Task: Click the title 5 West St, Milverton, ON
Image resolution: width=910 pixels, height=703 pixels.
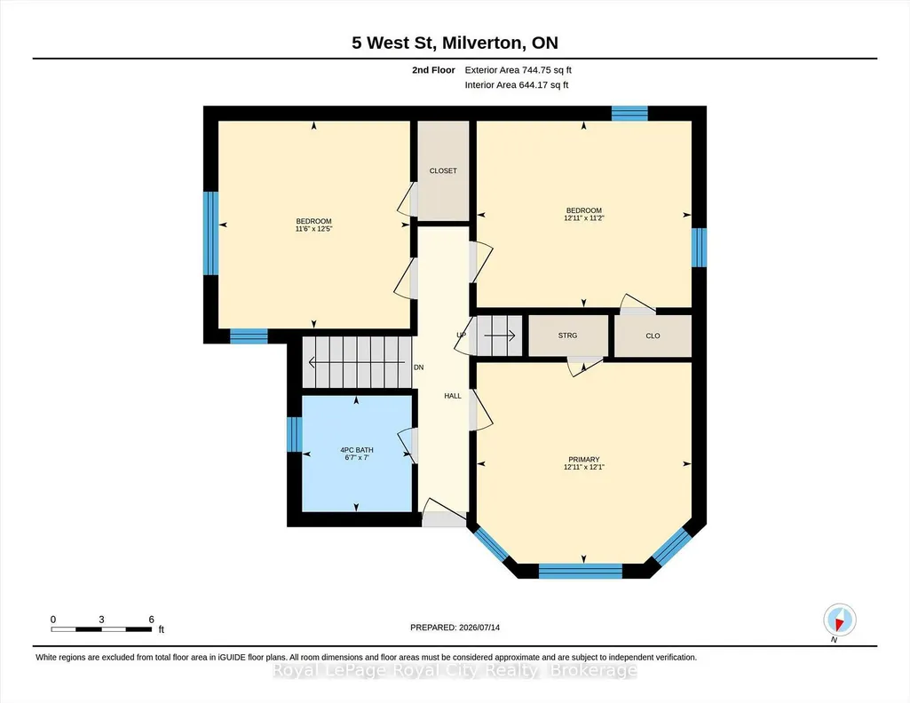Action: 455,43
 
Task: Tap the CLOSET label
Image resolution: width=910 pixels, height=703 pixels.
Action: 443,170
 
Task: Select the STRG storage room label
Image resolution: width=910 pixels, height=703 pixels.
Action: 567,336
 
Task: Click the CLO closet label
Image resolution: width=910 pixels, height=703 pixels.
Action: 653,336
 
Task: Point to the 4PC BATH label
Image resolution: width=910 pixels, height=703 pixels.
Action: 356,450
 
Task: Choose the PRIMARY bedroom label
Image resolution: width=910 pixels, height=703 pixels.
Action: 584,460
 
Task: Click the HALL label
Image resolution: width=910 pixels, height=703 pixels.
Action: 453,396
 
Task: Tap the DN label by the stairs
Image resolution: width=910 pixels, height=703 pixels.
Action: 418,367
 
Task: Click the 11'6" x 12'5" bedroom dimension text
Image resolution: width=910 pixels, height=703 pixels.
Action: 314,229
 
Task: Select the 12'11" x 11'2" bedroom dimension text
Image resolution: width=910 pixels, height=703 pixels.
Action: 584,218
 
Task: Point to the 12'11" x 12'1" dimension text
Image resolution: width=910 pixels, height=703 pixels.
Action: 584,467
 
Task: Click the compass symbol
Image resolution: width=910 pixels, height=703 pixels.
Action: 839,620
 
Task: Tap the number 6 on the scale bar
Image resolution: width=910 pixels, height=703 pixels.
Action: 152,620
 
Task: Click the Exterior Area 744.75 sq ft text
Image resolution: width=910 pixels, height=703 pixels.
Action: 518,70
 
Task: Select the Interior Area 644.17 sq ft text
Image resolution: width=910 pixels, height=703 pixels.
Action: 517,84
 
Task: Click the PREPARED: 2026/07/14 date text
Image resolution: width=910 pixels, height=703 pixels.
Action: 455,628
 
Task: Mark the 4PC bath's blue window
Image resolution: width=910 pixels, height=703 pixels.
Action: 295,434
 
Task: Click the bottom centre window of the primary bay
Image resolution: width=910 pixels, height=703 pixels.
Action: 581,571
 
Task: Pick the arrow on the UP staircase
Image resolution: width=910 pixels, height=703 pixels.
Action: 500,336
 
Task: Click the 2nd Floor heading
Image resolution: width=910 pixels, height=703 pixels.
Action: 433,70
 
